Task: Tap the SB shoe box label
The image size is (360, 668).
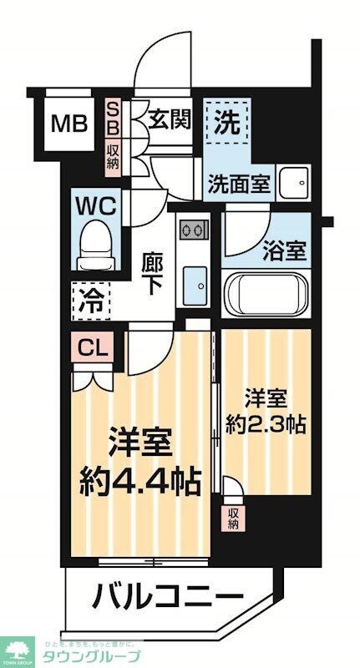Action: (112, 119)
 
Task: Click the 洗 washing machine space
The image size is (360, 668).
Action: (227, 124)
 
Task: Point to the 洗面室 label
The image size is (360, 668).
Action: (239, 184)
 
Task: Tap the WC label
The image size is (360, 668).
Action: (99, 205)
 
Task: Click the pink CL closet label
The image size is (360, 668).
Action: (93, 346)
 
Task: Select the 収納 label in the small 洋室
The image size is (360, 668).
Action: (232, 518)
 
